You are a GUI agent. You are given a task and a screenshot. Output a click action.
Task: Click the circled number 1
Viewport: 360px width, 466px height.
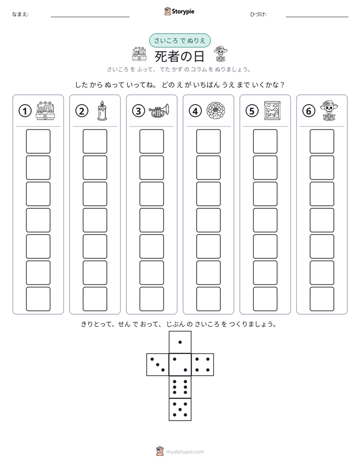25,111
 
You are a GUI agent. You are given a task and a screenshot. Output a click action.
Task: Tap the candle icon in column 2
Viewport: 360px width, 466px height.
102,110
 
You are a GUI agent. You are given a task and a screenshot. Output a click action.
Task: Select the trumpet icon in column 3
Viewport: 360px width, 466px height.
159,110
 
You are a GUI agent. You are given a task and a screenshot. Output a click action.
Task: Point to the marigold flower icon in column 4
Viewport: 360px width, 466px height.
216,110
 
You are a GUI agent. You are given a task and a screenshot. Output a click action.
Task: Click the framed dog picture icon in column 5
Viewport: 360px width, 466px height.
272,110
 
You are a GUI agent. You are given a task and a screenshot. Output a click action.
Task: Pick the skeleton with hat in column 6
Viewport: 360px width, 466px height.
329,110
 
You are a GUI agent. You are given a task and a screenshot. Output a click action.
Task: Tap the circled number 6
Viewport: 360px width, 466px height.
309,111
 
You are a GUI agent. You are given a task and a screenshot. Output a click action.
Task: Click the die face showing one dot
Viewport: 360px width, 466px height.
180,342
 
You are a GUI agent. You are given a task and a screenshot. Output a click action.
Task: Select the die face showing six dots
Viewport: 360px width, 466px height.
180,387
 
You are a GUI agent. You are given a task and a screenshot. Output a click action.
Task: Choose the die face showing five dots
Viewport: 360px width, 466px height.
180,410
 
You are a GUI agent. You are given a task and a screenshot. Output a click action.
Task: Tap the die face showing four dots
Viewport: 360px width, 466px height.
203,365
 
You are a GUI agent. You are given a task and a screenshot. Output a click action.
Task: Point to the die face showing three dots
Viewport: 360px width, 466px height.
158,365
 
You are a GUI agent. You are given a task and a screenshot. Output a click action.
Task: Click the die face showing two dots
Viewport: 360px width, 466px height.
180,365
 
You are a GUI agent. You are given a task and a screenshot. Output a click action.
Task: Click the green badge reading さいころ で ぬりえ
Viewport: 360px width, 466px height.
179,40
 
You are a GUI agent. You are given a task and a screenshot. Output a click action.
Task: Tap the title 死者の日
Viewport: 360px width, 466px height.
179,56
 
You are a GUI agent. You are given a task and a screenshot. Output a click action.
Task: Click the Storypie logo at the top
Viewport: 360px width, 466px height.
179,11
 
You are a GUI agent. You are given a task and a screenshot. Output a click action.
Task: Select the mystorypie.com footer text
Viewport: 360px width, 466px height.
185,452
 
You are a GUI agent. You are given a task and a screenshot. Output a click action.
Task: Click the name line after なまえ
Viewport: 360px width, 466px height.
90,17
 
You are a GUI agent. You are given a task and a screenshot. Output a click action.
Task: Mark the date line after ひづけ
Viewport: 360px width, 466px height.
317,17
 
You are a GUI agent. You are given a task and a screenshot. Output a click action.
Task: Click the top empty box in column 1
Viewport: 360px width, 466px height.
38,141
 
